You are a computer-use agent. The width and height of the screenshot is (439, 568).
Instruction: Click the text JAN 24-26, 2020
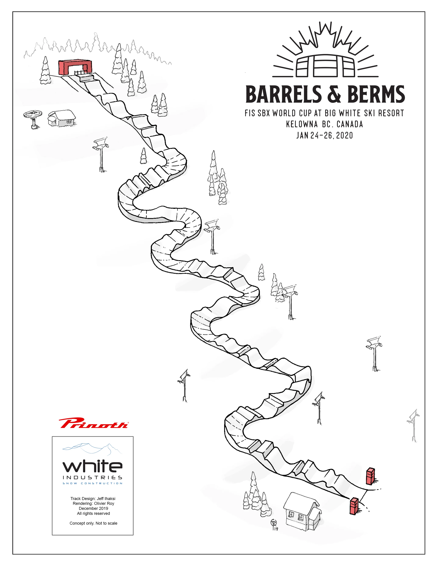(x=325, y=135)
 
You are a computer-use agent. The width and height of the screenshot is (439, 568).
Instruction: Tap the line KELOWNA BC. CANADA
(x=324, y=124)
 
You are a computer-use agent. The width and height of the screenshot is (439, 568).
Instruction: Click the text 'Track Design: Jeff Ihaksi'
(x=93, y=499)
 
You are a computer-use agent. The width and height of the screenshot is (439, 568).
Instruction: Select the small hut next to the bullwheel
(x=62, y=118)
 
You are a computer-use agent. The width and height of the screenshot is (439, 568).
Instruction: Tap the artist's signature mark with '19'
(x=274, y=525)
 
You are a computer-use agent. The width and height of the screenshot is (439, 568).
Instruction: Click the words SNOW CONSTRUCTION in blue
(x=92, y=483)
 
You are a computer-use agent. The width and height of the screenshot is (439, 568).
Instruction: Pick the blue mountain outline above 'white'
(x=92, y=449)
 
